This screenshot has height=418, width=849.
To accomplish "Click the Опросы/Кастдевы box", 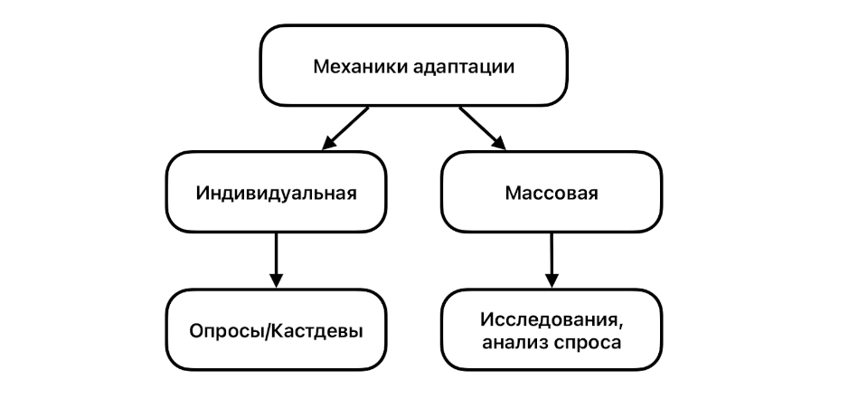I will click(277, 329).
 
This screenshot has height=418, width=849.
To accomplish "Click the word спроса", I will click(592, 341).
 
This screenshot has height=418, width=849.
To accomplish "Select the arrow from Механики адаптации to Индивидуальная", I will click(345, 128).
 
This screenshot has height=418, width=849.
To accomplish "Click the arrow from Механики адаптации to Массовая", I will click(483, 128).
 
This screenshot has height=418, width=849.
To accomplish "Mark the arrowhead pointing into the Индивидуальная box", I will click(328, 142).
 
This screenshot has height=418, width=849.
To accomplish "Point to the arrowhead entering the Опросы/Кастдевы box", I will click(277, 279).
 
